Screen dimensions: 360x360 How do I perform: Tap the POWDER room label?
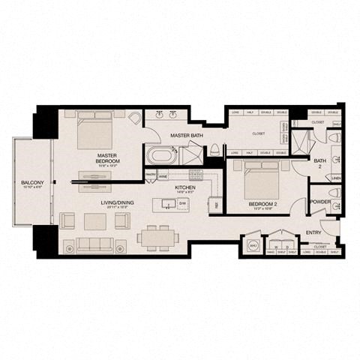(x=320, y=202)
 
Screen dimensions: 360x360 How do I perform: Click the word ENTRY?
(x=313, y=233)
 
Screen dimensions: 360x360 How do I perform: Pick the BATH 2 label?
(x=319, y=163)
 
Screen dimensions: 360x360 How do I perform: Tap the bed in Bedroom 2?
(x=259, y=178)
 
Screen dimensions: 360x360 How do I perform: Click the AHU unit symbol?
(x=252, y=246)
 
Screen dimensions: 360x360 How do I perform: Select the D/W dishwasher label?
(x=181, y=202)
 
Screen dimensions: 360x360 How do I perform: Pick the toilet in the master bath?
(x=216, y=147)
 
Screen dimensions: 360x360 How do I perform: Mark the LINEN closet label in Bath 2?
(x=336, y=178)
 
